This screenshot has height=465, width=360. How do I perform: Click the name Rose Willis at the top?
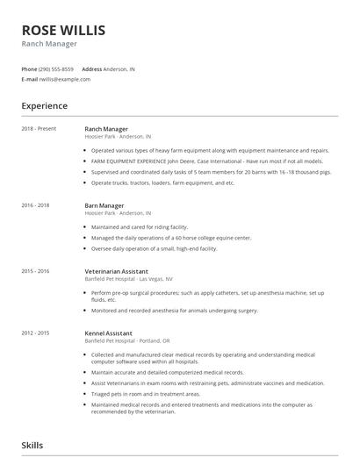point(63,30)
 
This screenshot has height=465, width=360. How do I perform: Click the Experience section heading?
point(45,106)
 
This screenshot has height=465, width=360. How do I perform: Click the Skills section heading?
point(32,446)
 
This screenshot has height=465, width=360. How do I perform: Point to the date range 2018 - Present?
point(39,129)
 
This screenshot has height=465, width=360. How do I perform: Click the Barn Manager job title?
point(104,205)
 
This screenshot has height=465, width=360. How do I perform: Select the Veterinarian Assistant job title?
point(116,272)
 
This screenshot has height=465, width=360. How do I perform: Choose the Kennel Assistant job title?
point(108,333)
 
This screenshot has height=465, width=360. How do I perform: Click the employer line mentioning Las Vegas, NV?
point(129,279)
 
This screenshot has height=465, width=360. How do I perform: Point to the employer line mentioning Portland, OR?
point(128,340)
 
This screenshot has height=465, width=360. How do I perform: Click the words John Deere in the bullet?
point(174,161)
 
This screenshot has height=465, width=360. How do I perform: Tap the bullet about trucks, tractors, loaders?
point(163,183)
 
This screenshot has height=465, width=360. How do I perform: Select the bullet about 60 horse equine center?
point(171,238)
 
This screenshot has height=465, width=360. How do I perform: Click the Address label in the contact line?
point(92,68)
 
